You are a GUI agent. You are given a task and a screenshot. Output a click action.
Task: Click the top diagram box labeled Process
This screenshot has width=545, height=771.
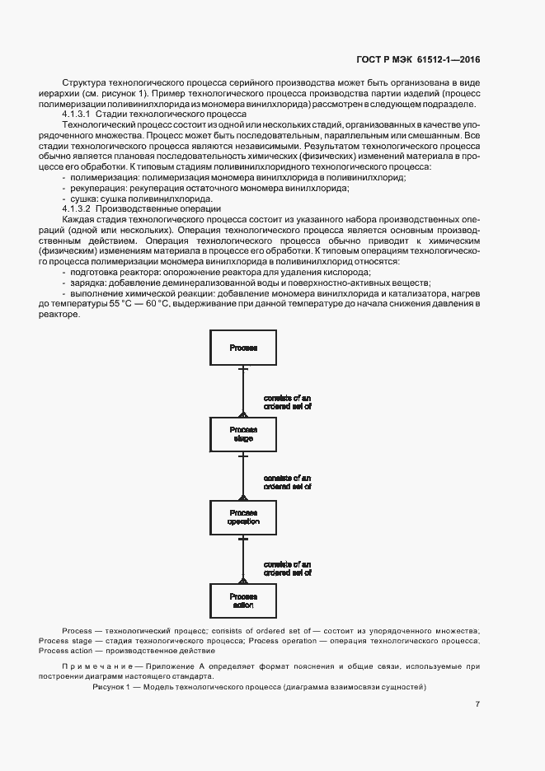[x=243, y=348]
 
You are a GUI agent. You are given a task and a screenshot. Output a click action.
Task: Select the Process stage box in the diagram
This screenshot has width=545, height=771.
[x=243, y=434]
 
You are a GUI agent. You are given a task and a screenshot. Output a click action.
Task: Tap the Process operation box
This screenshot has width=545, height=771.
[x=243, y=517]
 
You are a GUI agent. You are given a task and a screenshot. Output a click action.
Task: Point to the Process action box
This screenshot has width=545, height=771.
[x=243, y=600]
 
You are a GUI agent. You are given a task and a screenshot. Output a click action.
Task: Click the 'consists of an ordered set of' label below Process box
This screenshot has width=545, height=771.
[x=288, y=402]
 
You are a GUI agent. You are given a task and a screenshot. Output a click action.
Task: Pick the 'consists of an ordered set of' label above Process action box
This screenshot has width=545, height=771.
[x=288, y=567]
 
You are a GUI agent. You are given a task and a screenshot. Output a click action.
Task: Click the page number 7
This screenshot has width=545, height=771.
[x=478, y=704]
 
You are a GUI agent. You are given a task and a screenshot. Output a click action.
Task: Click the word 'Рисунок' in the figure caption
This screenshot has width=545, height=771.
[x=110, y=686]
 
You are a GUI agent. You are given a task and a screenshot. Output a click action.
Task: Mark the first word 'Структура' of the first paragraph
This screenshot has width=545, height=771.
[x=85, y=83]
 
